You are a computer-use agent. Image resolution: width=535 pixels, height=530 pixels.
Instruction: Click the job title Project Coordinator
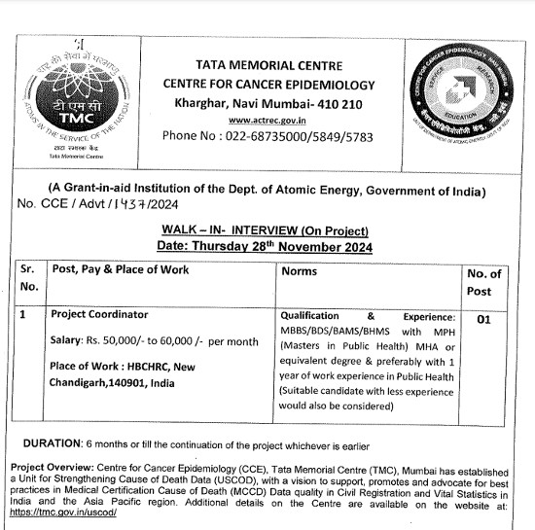coord(99,315)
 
